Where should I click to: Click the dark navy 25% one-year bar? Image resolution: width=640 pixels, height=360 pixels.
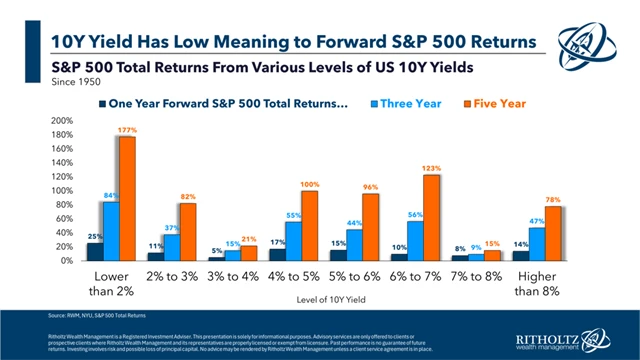(93, 251)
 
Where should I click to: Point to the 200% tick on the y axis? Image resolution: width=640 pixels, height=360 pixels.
(61, 121)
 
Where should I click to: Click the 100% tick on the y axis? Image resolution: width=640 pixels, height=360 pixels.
(61, 190)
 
